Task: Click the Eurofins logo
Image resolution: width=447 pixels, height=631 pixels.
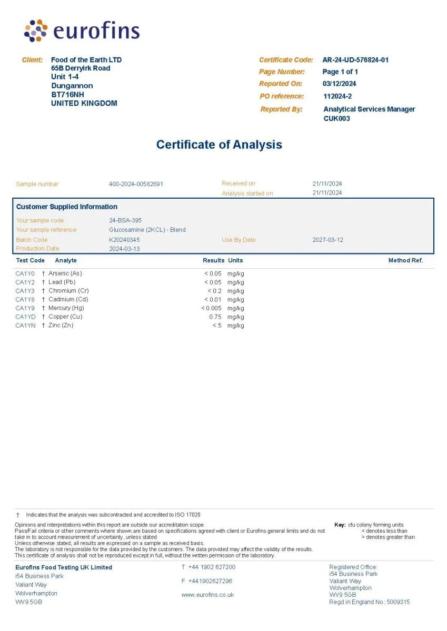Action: (82, 31)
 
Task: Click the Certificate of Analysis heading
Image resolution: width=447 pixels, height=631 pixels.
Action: (219, 145)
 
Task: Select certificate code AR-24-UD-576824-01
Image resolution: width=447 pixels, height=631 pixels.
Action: (355, 60)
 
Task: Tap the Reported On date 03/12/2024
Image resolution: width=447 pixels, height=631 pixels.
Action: (339, 84)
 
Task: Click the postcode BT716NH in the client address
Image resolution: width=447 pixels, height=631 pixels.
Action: (67, 95)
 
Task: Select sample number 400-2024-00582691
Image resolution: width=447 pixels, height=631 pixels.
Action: (136, 184)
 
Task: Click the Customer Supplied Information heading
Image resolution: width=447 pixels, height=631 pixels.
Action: (67, 207)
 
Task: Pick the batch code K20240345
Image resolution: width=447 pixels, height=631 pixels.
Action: (124, 240)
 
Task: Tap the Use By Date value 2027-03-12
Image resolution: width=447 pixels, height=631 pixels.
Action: (327, 240)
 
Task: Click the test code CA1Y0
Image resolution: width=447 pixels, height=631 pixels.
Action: (25, 273)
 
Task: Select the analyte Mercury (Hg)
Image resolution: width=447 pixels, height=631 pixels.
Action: (66, 308)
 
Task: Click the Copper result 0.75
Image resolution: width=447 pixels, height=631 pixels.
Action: (215, 317)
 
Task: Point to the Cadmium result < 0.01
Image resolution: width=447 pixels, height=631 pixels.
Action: (213, 300)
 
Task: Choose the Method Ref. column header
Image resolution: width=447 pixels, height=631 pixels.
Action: (405, 260)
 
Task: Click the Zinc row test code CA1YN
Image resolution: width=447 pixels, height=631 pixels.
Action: (25, 325)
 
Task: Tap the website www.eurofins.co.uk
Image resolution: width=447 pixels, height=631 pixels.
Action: (207, 595)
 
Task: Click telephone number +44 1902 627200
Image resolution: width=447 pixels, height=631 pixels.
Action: (212, 567)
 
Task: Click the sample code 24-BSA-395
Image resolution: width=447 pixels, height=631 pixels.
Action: (125, 220)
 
